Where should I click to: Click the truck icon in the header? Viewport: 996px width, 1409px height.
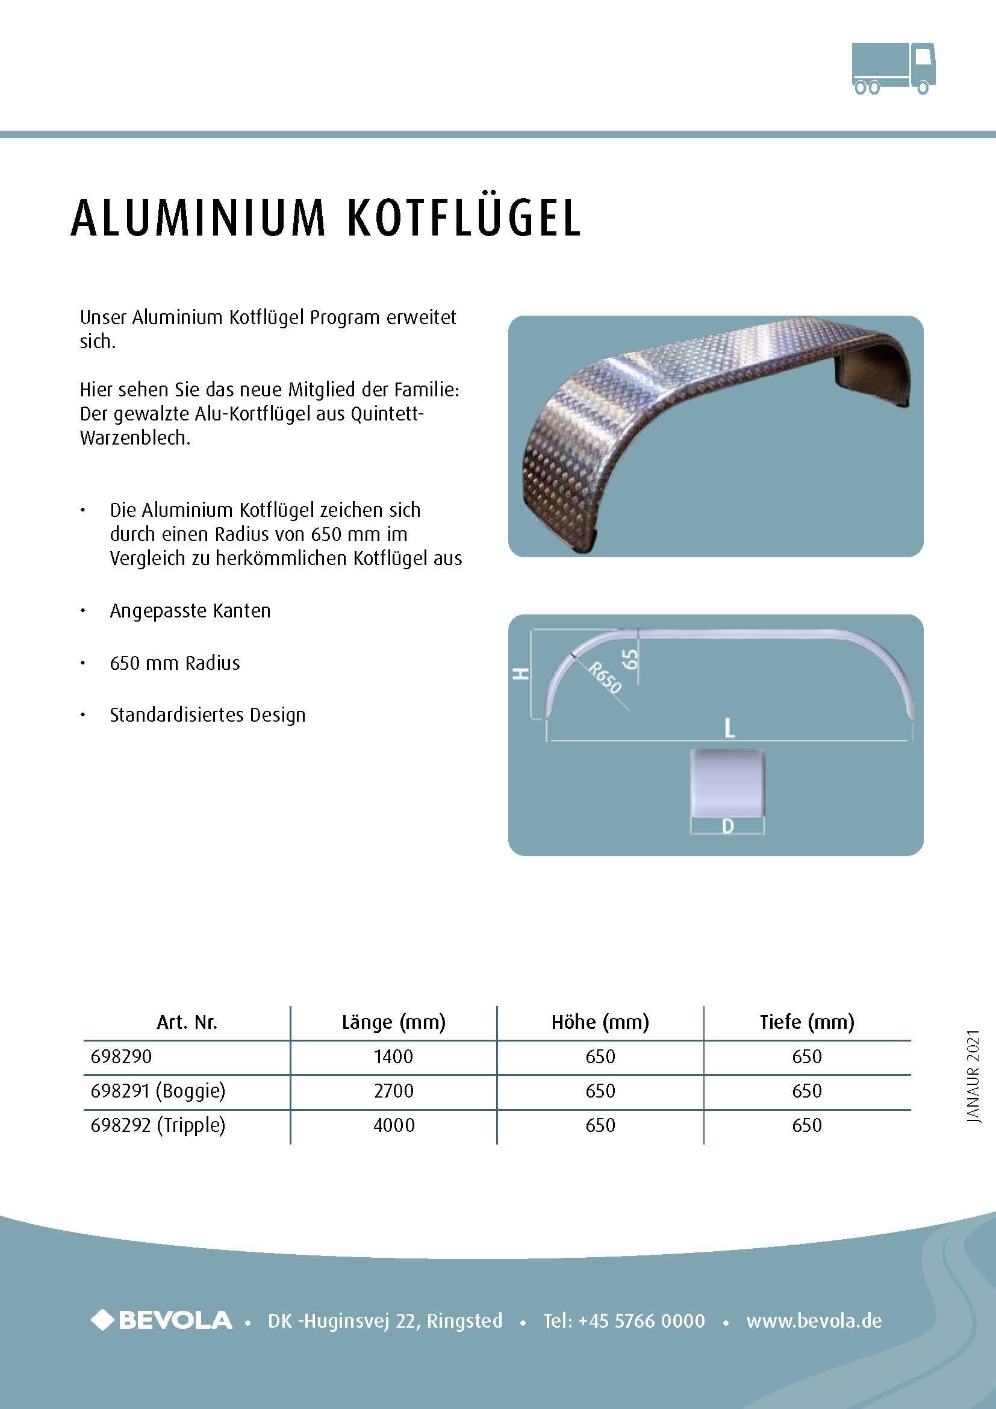(x=894, y=69)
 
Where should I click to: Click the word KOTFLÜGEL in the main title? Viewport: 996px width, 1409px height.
(x=464, y=218)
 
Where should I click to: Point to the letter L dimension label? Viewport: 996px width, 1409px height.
(x=729, y=728)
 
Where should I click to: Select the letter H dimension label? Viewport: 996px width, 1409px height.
(x=521, y=673)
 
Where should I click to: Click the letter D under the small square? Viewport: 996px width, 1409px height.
(x=728, y=826)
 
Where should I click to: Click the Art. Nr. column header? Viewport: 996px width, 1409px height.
(x=187, y=1022)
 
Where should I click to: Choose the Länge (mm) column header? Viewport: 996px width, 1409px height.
(x=394, y=1022)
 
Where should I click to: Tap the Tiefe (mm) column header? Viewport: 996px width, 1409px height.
(x=806, y=1022)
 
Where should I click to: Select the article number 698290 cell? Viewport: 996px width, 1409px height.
(x=122, y=1056)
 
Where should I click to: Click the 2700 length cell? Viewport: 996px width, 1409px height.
(x=394, y=1090)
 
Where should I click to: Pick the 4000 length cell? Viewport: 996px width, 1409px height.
(x=394, y=1125)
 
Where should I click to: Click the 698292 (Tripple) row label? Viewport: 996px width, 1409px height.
(x=158, y=1125)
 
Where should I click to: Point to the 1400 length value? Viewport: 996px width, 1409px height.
(x=394, y=1056)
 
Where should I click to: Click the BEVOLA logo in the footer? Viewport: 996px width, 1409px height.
(x=162, y=1320)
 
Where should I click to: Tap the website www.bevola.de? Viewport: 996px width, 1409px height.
(x=814, y=1320)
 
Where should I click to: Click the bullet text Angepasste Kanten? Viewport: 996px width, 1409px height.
(x=190, y=611)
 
